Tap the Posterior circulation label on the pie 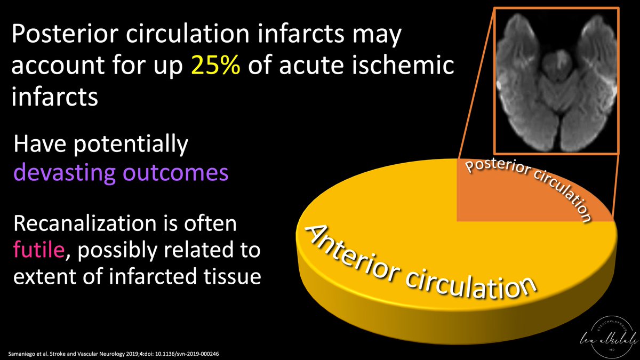(x=528, y=184)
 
